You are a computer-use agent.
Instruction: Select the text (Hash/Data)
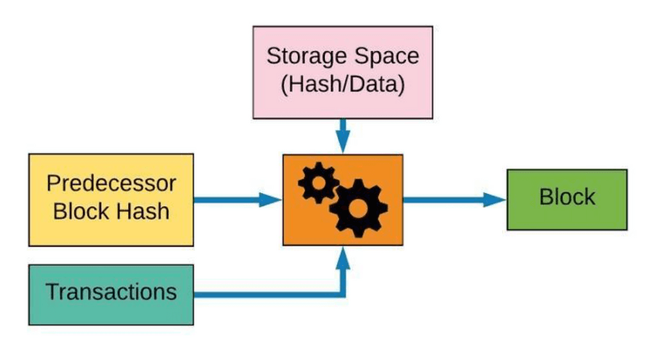[x=343, y=84]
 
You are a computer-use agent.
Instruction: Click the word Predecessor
[x=111, y=183]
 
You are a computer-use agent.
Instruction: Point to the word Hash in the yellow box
[x=143, y=211]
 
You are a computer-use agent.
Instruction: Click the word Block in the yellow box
[x=81, y=211]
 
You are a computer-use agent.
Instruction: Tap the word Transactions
[x=111, y=291]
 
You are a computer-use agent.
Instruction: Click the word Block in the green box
[x=567, y=197]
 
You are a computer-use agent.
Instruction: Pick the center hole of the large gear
[x=358, y=208]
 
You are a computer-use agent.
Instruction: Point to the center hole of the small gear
[x=319, y=183]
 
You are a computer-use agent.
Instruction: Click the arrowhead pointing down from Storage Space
[x=343, y=143]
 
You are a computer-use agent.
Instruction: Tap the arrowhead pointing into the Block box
[x=495, y=200]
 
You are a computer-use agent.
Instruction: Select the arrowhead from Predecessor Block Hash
[x=270, y=200]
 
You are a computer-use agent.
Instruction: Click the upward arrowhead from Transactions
[x=343, y=257]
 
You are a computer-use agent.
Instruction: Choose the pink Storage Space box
[x=343, y=72]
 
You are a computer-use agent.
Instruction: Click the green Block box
[x=567, y=200]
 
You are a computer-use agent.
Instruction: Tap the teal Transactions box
[x=111, y=295]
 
